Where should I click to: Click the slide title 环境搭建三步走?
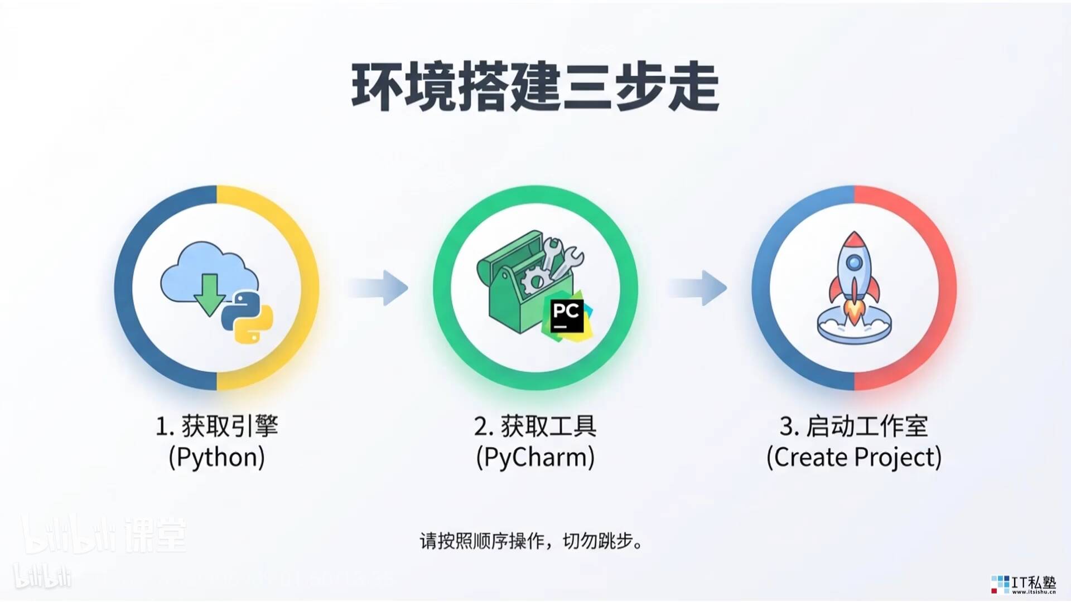535,88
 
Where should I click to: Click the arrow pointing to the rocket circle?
698,288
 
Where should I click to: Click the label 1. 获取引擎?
216,427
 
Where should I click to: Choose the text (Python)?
216,458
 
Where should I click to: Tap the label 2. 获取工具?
535,427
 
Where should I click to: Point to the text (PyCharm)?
535,458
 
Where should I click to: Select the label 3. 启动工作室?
853,427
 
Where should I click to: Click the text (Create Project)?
853,458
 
